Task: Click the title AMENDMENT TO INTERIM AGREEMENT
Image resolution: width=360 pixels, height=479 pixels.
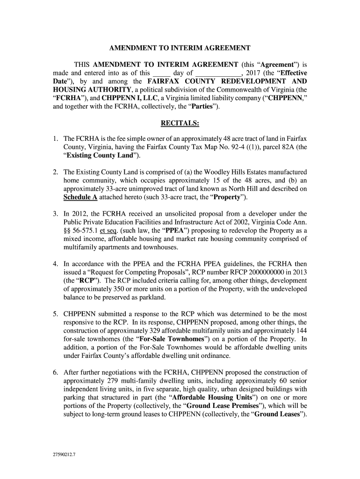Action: click(180, 48)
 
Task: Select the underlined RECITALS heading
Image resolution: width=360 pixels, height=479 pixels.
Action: click(180, 123)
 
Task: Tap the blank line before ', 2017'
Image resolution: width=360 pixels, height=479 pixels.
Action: click(217, 74)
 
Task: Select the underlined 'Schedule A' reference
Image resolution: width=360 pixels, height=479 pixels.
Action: click(80, 197)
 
